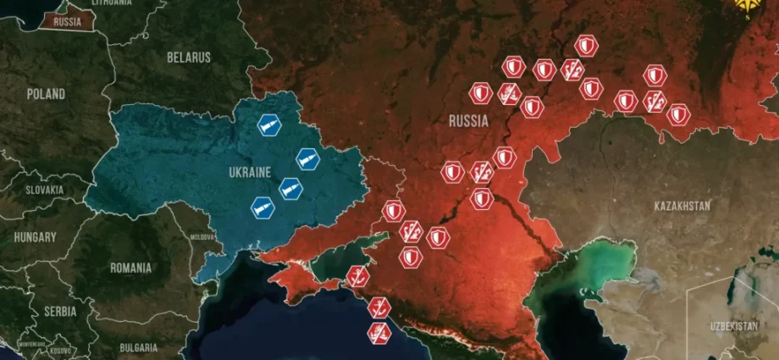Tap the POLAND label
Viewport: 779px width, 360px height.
[x=45, y=94]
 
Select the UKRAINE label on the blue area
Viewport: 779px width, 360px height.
[x=249, y=172]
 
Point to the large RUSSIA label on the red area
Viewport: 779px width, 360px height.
[x=468, y=121]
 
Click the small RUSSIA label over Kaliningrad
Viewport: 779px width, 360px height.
[x=67, y=22]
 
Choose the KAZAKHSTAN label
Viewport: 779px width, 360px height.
[x=682, y=206]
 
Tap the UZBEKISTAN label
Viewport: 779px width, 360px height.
[x=733, y=326]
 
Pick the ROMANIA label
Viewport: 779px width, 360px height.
[x=130, y=268]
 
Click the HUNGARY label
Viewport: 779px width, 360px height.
[x=34, y=238]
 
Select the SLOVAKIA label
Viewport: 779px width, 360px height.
[x=43, y=191]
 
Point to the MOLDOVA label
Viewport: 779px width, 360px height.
[x=204, y=237]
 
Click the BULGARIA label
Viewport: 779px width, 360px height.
[x=138, y=347]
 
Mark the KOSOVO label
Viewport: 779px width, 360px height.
[x=60, y=350]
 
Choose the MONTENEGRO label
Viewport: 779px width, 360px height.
[x=32, y=344]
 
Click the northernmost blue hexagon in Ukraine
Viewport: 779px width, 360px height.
[x=268, y=126]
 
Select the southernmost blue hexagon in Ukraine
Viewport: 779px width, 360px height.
[x=262, y=206]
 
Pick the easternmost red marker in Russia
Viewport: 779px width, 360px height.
[x=678, y=114]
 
